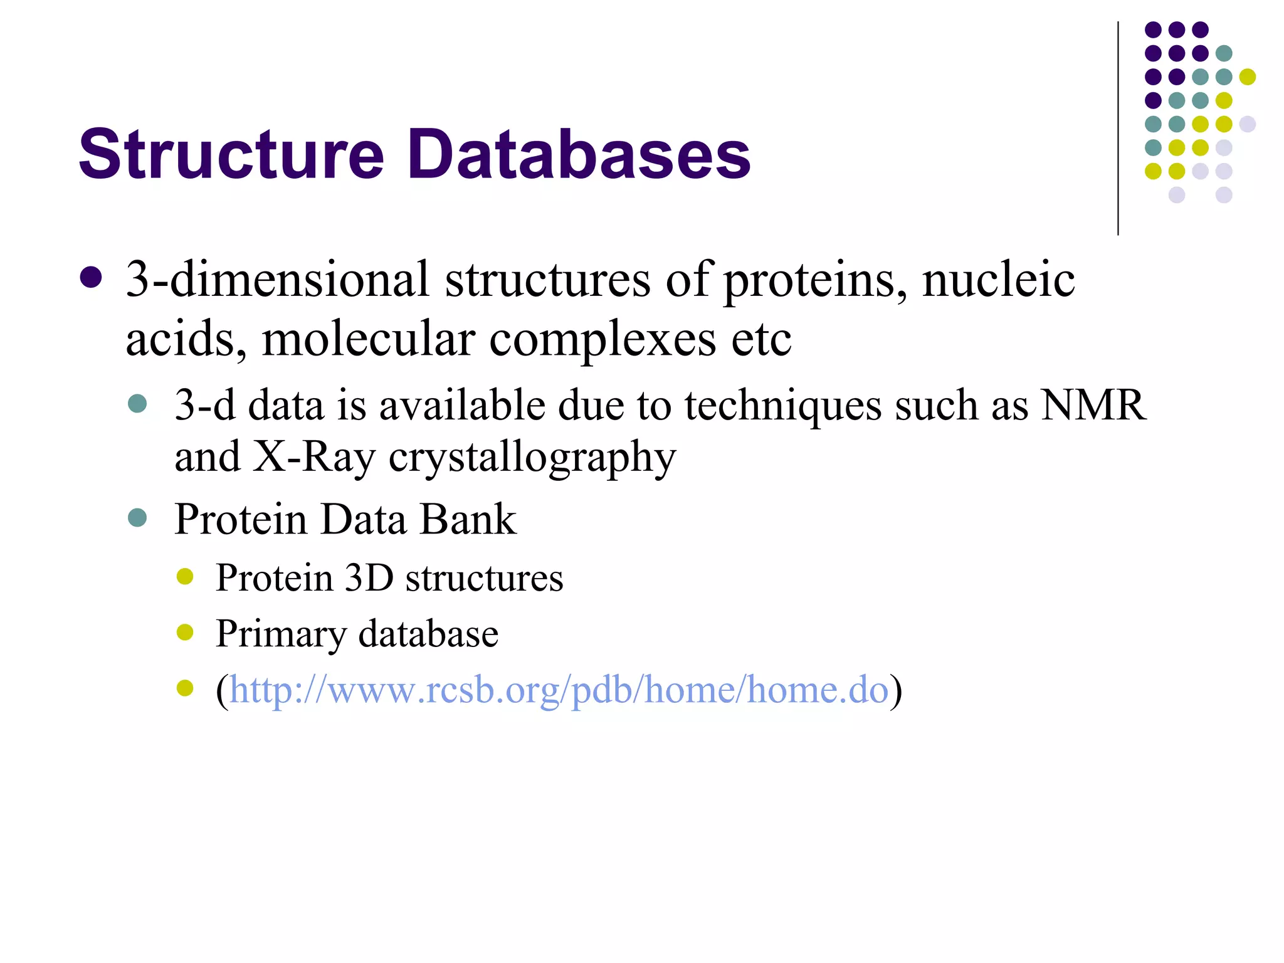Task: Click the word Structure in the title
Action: coord(231,154)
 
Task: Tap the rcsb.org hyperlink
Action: coord(559,690)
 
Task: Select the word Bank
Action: coord(468,519)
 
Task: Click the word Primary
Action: coord(280,634)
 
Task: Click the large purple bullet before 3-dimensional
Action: coord(92,278)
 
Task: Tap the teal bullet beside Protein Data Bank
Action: coord(137,518)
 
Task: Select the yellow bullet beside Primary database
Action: coord(185,632)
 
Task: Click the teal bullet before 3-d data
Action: coord(137,403)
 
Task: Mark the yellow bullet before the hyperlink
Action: coord(185,688)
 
